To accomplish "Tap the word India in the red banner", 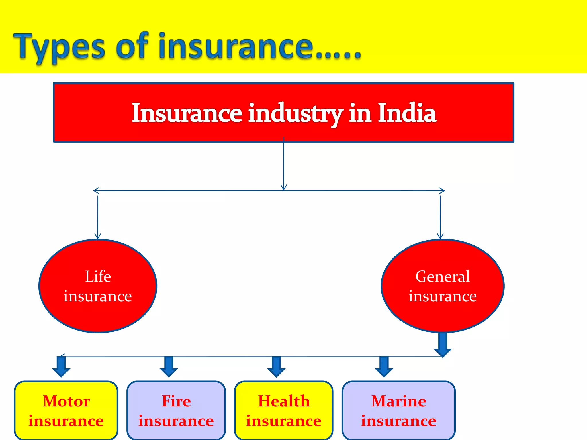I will (x=407, y=113).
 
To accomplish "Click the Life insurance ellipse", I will (x=98, y=286).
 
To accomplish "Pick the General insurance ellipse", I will (x=443, y=286).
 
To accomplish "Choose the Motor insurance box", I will (x=66, y=410).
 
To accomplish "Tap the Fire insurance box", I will (x=176, y=410).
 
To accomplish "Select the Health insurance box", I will (x=283, y=410).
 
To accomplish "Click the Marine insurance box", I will (x=398, y=410).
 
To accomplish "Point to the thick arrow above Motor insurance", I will (x=61, y=367).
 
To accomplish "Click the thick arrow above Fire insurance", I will (x=169, y=367).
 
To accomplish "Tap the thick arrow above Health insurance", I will (x=276, y=367).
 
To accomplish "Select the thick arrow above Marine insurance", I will (x=384, y=367).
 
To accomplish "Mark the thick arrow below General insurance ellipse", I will (x=443, y=345).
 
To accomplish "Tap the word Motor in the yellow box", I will (x=66, y=401).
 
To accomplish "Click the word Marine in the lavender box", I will (x=399, y=401).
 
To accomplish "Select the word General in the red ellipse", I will (x=443, y=276).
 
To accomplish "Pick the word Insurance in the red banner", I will (x=187, y=113).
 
